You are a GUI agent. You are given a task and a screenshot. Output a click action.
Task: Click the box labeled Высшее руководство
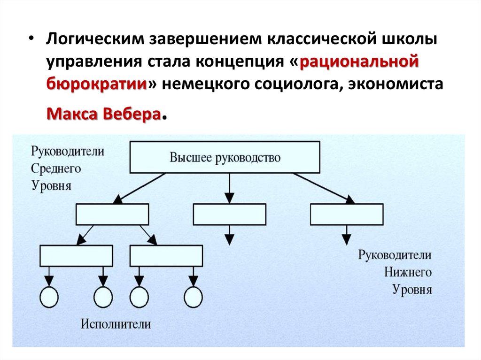[x=225, y=157]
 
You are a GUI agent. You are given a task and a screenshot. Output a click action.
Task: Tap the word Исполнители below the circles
[x=116, y=324]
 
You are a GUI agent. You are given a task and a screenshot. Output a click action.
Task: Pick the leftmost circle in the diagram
[x=49, y=297]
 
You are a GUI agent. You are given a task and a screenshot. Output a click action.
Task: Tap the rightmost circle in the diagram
[x=193, y=297]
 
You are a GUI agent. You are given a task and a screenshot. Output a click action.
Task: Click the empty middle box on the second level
[x=229, y=214]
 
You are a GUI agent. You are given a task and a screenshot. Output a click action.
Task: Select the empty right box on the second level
[x=347, y=214]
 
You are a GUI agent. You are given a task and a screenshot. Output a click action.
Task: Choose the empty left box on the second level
[x=113, y=214]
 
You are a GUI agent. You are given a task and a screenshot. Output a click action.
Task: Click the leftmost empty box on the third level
[x=76, y=256]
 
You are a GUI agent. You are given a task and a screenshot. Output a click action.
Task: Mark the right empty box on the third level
[x=166, y=256]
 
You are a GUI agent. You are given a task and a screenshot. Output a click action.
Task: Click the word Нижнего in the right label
[x=408, y=272]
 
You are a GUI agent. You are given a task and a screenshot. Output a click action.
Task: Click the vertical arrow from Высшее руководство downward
[x=229, y=188]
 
